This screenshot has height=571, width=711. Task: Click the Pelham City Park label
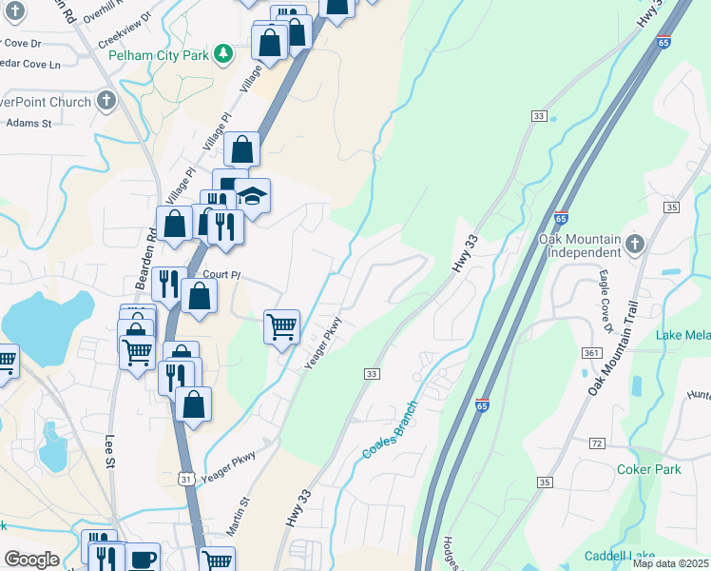click(x=158, y=55)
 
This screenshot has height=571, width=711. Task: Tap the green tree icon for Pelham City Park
click(x=222, y=54)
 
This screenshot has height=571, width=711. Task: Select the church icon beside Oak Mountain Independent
click(x=636, y=246)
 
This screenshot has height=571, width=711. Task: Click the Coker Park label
click(x=649, y=469)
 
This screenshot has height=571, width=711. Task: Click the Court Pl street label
click(x=222, y=274)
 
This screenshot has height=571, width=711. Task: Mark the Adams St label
click(x=29, y=122)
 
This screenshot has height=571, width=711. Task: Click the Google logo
click(x=31, y=559)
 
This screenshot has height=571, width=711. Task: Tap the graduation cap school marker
click(x=252, y=196)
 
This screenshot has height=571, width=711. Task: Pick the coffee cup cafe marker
click(x=143, y=559)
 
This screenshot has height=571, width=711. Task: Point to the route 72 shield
click(x=597, y=444)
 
